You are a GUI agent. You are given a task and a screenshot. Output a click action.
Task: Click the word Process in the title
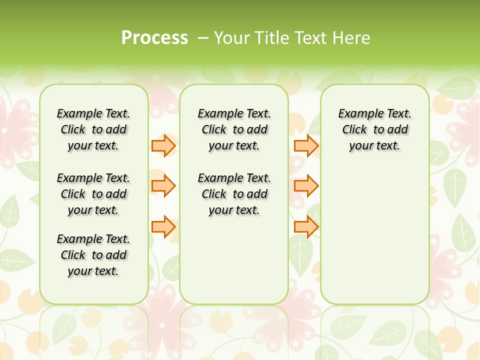(154, 38)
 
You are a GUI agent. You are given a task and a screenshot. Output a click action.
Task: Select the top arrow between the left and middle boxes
(163, 145)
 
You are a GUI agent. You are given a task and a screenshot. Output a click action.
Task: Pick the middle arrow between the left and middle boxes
(163, 186)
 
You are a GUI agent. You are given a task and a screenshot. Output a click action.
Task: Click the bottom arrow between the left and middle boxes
(163, 226)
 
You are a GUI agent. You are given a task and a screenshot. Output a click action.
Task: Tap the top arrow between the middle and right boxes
(306, 145)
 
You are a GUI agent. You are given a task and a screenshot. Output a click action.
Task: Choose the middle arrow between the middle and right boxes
(306, 186)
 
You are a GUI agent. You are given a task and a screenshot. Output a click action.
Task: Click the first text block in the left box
(93, 129)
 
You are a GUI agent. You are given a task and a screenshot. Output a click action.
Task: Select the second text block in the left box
(93, 194)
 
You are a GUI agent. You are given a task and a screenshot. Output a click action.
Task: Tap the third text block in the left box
(93, 255)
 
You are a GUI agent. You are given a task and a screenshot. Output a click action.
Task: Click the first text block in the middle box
(234, 129)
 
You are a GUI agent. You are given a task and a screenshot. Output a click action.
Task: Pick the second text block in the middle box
(234, 194)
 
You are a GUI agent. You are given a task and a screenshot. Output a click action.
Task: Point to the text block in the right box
(374, 129)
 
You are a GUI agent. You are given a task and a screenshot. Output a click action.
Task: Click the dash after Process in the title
(202, 38)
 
